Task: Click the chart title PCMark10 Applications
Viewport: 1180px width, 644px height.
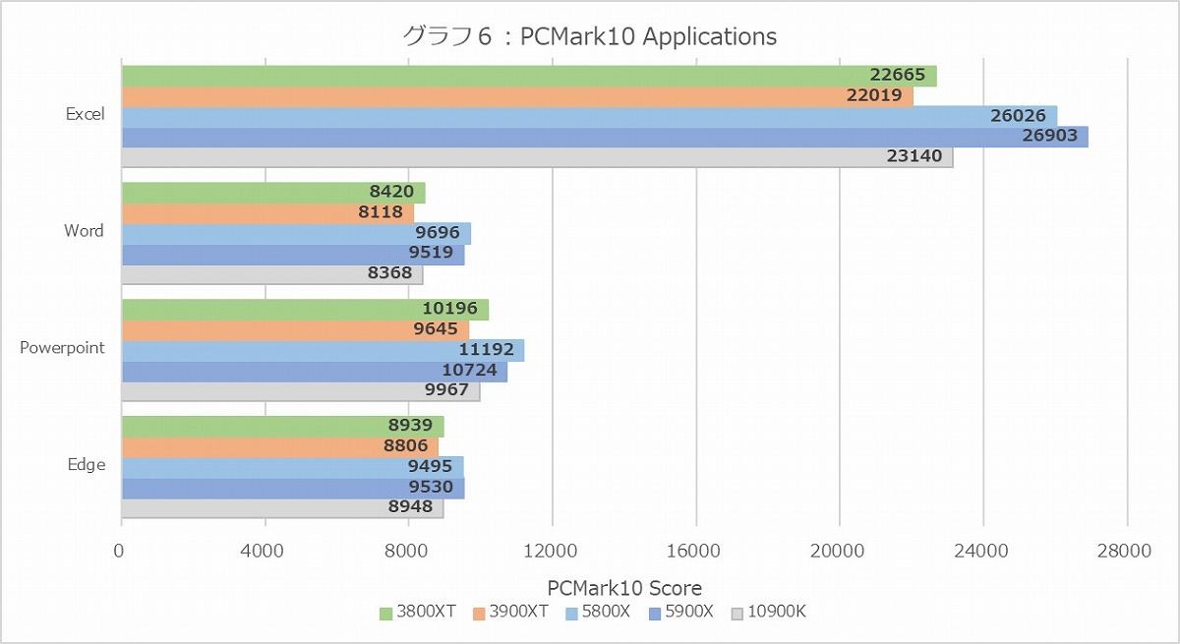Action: click(590, 36)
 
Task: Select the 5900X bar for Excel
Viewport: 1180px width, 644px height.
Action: click(604, 137)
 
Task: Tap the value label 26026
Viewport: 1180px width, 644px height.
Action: click(1019, 116)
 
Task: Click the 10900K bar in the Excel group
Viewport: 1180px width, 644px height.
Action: click(536, 156)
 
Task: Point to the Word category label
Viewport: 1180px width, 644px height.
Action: click(84, 231)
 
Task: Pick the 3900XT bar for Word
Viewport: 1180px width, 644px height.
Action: click(267, 212)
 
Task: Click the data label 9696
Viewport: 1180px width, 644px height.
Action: click(435, 233)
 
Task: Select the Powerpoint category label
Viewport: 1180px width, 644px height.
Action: click(62, 348)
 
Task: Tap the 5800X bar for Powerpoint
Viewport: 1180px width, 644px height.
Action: click(322, 350)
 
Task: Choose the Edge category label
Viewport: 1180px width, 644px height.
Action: click(86, 465)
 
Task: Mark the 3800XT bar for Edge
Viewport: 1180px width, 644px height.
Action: click(282, 426)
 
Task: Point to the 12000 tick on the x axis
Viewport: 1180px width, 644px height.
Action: click(552, 553)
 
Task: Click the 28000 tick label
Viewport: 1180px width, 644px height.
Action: click(1126, 553)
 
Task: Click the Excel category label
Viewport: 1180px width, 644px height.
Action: click(85, 114)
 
